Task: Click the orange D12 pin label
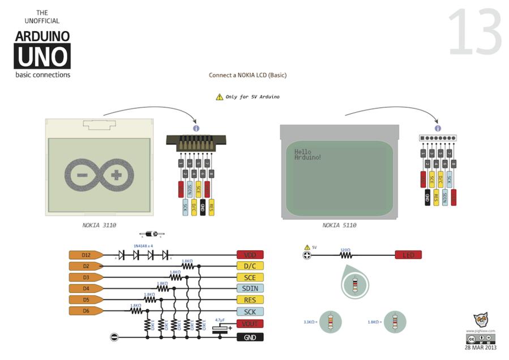[x=85, y=255]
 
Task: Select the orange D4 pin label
[x=85, y=288]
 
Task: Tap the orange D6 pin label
[x=85, y=311]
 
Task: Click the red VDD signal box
[x=250, y=255]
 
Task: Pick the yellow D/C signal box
[x=250, y=266]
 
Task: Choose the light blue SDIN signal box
[x=250, y=289]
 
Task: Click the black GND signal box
[x=250, y=337]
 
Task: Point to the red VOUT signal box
[x=250, y=324]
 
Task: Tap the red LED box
[x=408, y=255]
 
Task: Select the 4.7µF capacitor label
[x=220, y=320]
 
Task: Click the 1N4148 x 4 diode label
[x=143, y=246]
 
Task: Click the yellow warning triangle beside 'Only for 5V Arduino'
[x=219, y=97]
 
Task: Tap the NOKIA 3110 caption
[x=99, y=225]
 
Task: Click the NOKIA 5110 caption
[x=339, y=225]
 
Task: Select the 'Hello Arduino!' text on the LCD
[x=307, y=154]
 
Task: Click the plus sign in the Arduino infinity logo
[x=116, y=175]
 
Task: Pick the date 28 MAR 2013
[x=480, y=348]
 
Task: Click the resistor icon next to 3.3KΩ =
[x=331, y=322]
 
